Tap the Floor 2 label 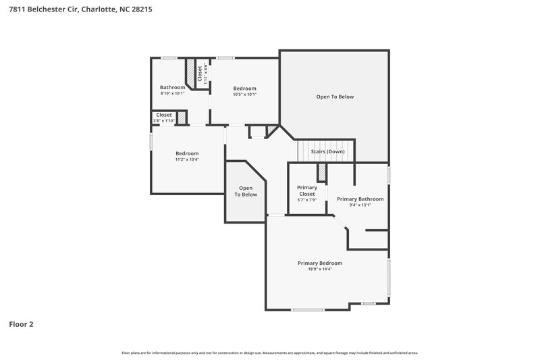pos(21,324)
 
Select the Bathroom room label pos(172,87)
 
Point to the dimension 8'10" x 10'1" pos(172,94)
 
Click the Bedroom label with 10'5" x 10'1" pos(244,88)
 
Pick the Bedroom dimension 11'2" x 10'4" pos(187,159)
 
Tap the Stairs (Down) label pos(327,152)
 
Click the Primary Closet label pos(307,190)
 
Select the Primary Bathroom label pos(360,199)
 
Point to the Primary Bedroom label pos(320,263)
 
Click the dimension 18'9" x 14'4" pos(320,269)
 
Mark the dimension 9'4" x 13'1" pos(360,205)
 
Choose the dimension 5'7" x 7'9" pos(307,200)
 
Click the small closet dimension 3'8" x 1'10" pos(164,121)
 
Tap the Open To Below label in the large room pos(335,97)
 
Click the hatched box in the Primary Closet pos(322,172)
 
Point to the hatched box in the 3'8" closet pos(181,118)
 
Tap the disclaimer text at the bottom pos(270,353)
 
